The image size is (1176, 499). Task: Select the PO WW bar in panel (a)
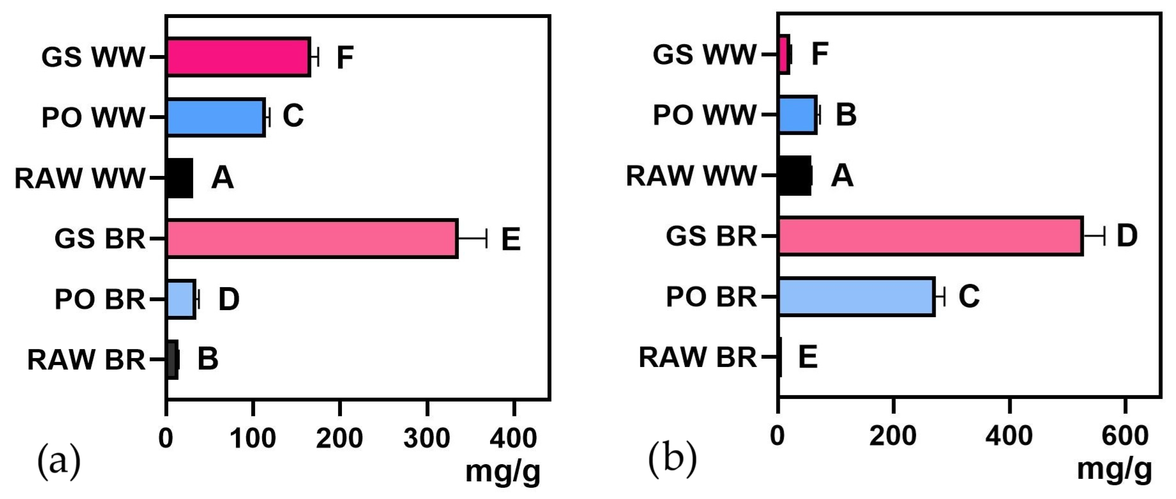tap(215, 117)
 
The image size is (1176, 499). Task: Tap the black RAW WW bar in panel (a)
tap(179, 178)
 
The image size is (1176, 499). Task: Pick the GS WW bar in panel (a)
tap(238, 56)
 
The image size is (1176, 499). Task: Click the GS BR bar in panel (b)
tap(930, 236)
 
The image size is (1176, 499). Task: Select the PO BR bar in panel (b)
tap(856, 296)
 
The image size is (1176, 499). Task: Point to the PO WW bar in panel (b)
tap(797, 115)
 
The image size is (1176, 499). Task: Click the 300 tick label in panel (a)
tap(427, 438)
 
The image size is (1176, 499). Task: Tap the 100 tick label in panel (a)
tap(252, 438)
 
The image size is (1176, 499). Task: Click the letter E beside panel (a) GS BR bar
tap(511, 239)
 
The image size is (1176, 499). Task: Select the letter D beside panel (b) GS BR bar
tap(1127, 236)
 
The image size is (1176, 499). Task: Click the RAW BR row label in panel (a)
tap(86, 360)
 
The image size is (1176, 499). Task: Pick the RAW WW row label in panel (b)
tap(691, 176)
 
